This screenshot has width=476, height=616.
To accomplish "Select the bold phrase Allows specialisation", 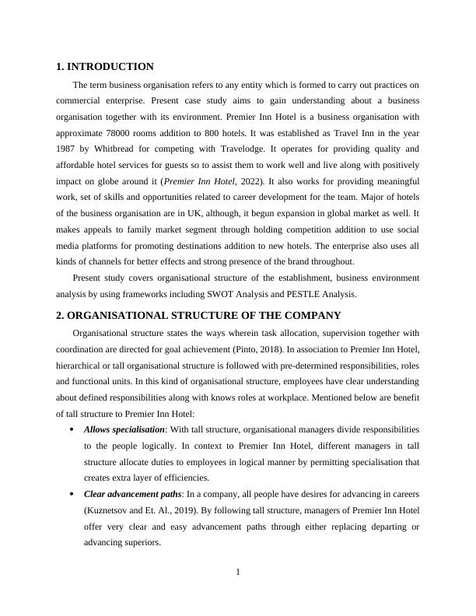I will pos(124,429).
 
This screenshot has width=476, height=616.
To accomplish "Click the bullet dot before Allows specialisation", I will pos(72,430).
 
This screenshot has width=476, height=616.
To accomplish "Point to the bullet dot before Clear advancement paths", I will pos(72,495).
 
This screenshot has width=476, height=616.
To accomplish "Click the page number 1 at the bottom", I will pos(238,573).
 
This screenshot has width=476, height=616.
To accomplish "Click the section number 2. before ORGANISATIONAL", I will pos(61,315).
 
